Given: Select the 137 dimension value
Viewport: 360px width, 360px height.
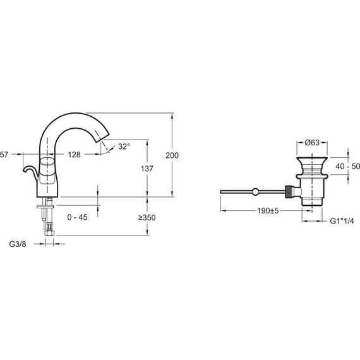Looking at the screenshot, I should [x=147, y=169].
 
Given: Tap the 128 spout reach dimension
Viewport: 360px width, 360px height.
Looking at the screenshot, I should [x=75, y=155].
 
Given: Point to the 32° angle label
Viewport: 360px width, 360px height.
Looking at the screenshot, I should [x=124, y=147].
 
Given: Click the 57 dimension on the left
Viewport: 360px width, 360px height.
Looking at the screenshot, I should [x=4, y=155].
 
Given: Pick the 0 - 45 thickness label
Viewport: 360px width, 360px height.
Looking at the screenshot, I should [x=77, y=217].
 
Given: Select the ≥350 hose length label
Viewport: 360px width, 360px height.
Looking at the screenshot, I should [x=147, y=217].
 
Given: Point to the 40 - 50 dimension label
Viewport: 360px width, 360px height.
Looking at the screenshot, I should [x=347, y=166].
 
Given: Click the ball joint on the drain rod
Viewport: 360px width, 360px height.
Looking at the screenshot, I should [x=255, y=191].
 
